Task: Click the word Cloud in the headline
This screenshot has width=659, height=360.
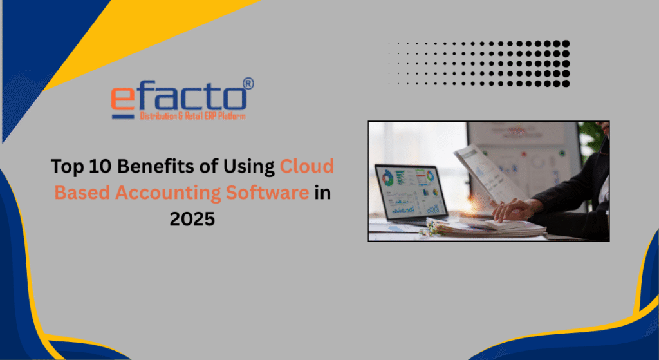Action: point(307,166)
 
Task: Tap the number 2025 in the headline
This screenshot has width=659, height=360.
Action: point(192,219)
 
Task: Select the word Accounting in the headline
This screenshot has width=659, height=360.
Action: point(168,193)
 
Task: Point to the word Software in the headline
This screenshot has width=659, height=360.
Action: point(267,193)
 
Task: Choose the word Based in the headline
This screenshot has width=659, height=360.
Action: point(82,193)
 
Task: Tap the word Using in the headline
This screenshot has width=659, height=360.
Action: point(249,167)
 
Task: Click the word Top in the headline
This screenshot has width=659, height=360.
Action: point(68,167)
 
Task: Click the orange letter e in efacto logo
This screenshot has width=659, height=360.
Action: point(123,100)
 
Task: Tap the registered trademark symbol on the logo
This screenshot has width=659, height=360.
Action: point(248,83)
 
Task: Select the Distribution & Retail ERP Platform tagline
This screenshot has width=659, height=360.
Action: point(192,116)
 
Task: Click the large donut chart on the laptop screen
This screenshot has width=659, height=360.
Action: point(387,178)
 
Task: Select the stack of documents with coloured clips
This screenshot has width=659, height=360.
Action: point(483,228)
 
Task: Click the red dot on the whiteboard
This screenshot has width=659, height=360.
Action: point(524,154)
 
